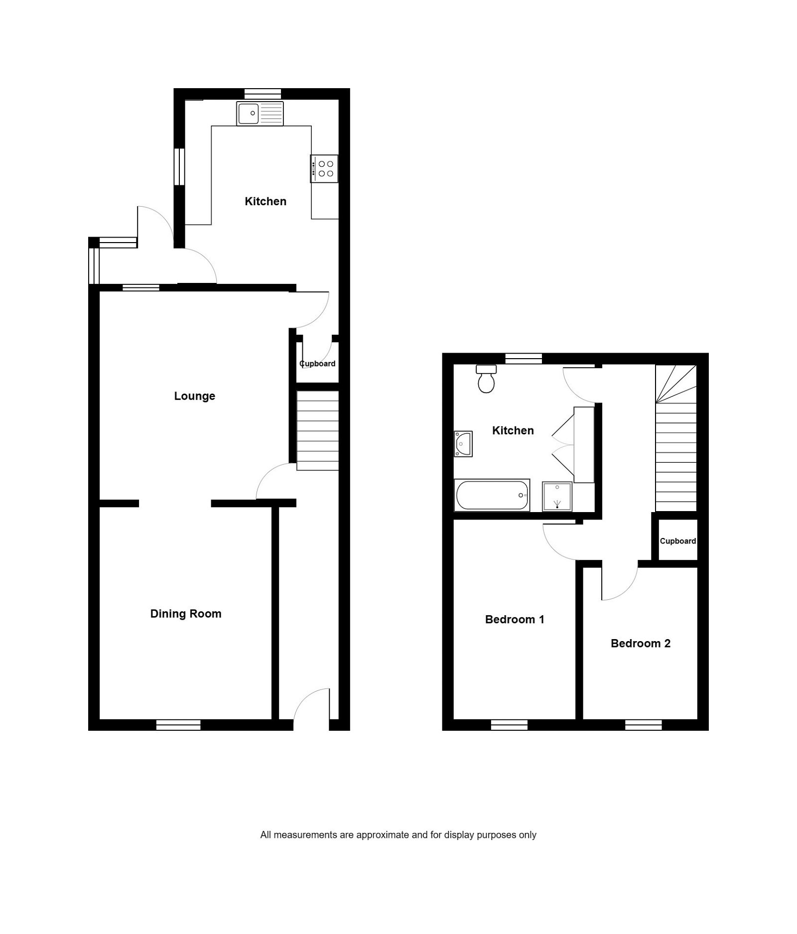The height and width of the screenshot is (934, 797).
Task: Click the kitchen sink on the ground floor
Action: pyautogui.click(x=260, y=114)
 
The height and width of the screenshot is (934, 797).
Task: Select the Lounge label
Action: pyautogui.click(x=194, y=396)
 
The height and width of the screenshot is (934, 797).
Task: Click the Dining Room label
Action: pyautogui.click(x=186, y=614)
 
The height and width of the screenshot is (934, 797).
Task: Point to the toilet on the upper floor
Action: pyautogui.click(x=486, y=380)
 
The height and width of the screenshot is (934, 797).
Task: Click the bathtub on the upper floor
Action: pyautogui.click(x=492, y=495)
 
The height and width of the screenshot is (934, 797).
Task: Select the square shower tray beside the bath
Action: pyautogui.click(x=557, y=496)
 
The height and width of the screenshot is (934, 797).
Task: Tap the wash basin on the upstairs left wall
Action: pyautogui.click(x=463, y=444)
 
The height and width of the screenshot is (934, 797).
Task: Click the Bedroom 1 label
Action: pyautogui.click(x=515, y=619)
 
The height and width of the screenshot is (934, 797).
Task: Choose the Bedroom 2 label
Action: pyautogui.click(x=640, y=643)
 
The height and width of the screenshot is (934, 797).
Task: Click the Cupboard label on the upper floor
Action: pyautogui.click(x=677, y=541)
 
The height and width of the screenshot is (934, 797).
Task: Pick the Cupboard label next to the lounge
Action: pyautogui.click(x=318, y=364)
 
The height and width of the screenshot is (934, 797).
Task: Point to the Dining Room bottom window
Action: pyautogui.click(x=178, y=725)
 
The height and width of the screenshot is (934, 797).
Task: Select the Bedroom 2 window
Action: pyautogui.click(x=643, y=725)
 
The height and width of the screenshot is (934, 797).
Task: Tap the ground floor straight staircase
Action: pyautogui.click(x=318, y=431)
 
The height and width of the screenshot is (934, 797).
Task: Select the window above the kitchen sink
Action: pyautogui.click(x=263, y=94)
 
